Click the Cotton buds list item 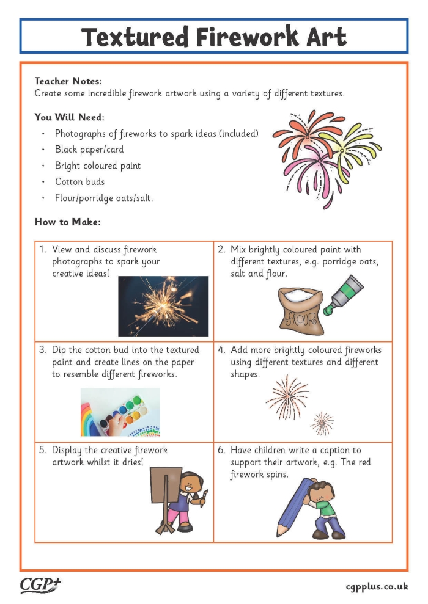[79, 181]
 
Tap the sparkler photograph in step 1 [163, 306]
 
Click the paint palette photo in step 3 [120, 412]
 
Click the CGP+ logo [41, 585]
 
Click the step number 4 [222, 350]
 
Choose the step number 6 [222, 450]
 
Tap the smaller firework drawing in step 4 [322, 422]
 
